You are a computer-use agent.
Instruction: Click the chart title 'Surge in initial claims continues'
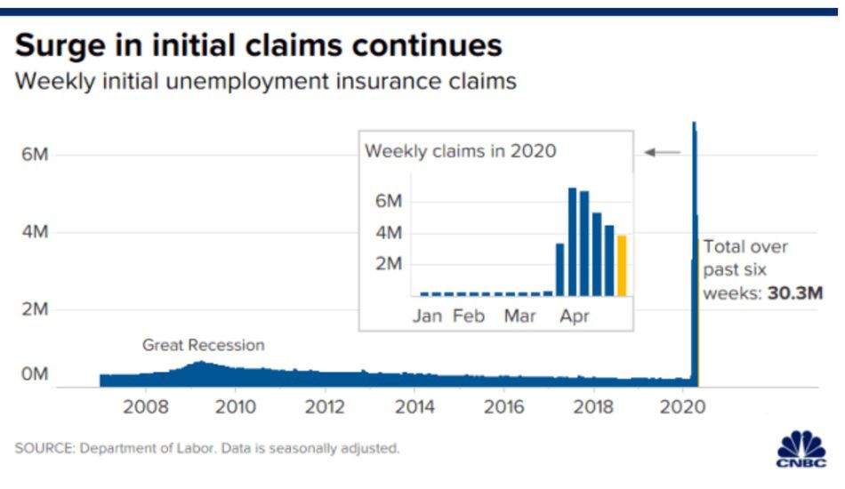258,45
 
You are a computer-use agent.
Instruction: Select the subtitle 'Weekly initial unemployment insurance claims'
265,82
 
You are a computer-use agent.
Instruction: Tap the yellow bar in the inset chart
622,265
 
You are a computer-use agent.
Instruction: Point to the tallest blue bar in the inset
573,241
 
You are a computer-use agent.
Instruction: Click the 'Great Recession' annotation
204,345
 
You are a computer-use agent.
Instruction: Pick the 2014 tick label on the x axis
414,408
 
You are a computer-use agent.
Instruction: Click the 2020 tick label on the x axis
683,408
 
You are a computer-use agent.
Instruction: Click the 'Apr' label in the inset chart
575,317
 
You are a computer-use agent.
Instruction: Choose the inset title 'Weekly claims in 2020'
461,151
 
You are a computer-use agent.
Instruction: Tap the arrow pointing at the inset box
662,153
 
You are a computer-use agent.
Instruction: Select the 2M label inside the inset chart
390,264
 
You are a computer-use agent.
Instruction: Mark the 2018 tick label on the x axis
593,408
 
